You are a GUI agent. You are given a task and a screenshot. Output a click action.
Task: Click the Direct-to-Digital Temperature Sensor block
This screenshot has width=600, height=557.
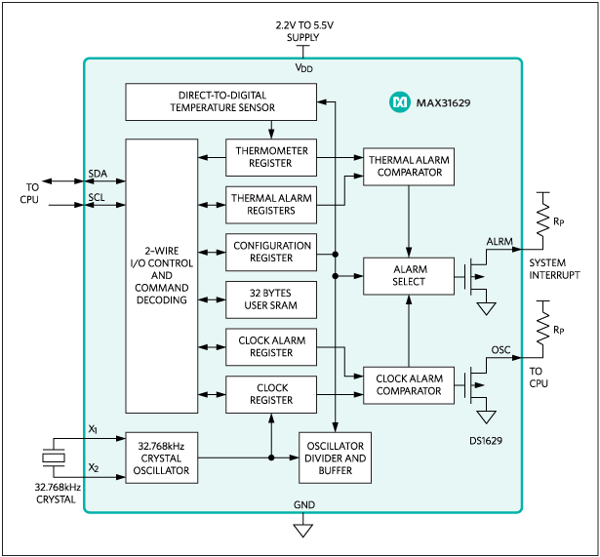pyautogui.click(x=221, y=101)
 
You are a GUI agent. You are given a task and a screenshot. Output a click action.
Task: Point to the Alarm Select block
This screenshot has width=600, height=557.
pyautogui.click(x=409, y=276)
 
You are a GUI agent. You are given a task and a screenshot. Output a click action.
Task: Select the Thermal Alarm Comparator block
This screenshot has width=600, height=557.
pyautogui.click(x=409, y=166)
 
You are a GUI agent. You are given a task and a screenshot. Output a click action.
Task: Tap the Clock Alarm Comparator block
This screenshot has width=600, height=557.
pyautogui.click(x=409, y=384)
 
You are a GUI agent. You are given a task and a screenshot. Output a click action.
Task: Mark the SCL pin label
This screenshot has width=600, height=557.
pyautogui.click(x=97, y=197)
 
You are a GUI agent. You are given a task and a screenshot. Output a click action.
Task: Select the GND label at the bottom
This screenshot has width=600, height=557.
pyautogui.click(x=303, y=504)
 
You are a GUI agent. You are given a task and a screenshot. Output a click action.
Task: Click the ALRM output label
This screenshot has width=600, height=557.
pyautogui.click(x=499, y=241)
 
